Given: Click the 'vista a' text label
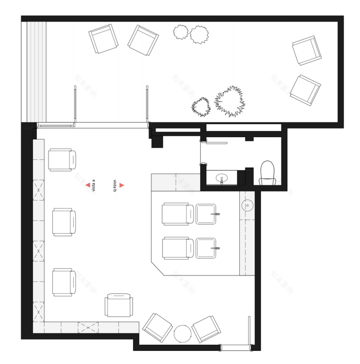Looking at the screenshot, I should tap(94, 185).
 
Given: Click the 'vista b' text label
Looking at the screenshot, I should tap(115, 185).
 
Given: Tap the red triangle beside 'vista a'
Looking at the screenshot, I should tap(88, 185).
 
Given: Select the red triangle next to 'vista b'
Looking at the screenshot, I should tap(122, 185).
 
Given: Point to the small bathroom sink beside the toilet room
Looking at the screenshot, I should tap(222, 178).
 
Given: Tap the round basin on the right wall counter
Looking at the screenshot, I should tap(247, 205).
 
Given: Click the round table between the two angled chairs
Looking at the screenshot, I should tap(182, 333).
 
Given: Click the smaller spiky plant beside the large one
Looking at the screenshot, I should tap(201, 107).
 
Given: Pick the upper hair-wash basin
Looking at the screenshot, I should tap(208, 214).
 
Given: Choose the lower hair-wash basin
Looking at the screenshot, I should tap(208, 248).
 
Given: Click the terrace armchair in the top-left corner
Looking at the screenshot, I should tap(103, 39).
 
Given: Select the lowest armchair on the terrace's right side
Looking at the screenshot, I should tap(305, 89).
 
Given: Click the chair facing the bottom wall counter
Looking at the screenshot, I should tap(119, 305).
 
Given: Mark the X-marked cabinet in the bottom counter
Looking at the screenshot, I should tap(88, 327).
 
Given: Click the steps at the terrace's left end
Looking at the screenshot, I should tap(36, 71).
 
